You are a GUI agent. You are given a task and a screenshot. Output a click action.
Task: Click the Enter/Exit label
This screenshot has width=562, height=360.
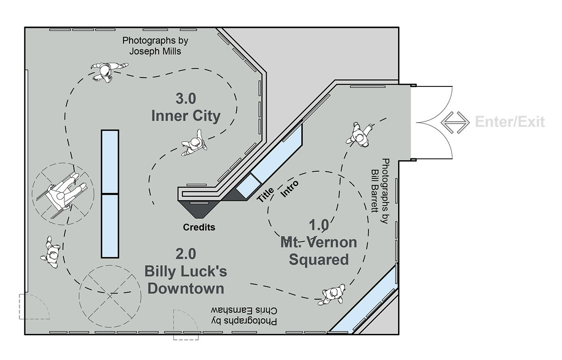510,122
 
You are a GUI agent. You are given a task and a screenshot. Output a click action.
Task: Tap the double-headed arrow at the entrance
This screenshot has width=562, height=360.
455,122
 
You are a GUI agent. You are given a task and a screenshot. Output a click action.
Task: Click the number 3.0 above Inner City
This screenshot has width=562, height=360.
186,98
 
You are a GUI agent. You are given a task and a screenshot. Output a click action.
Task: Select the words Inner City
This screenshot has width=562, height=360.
186,116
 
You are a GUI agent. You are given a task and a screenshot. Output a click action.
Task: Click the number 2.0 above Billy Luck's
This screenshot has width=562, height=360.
186,254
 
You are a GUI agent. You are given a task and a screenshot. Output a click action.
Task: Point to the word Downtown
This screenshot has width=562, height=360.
186,289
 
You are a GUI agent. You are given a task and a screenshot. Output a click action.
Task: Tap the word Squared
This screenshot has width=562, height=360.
319,260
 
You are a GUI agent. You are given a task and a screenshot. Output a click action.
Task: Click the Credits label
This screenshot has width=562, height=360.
199,227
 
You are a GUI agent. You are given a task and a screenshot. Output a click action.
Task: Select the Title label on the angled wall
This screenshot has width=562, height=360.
265,194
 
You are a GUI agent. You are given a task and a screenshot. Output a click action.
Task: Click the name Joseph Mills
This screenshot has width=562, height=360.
155,52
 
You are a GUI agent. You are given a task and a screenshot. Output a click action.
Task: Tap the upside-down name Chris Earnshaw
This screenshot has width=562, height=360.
244,311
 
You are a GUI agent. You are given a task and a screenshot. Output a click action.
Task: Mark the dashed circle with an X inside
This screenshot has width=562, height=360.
110,296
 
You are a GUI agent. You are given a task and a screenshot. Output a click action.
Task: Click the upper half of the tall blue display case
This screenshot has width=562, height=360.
110,162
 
